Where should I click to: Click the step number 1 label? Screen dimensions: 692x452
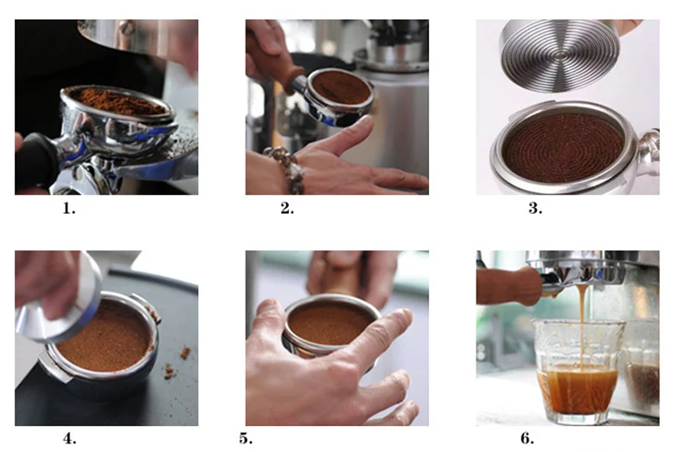click(x=69, y=208)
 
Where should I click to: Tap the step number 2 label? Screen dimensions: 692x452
click(x=287, y=208)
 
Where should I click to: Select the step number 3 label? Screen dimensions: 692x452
click(x=535, y=208)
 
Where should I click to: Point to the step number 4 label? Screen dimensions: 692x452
click(x=70, y=438)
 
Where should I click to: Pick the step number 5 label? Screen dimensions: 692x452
click(x=246, y=438)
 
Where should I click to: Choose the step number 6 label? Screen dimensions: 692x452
click(x=528, y=438)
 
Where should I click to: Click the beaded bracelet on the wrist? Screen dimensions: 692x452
click(x=287, y=168)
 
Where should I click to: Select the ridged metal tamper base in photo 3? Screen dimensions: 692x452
click(x=559, y=55)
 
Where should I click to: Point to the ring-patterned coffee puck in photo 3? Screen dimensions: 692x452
click(x=564, y=148)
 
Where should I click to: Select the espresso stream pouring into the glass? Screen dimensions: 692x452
click(x=582, y=327)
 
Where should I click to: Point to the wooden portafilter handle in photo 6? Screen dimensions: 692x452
click(x=509, y=285)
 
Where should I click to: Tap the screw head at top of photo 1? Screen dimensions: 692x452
click(x=126, y=28)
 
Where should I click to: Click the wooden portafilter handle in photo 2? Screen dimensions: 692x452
click(x=292, y=80)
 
